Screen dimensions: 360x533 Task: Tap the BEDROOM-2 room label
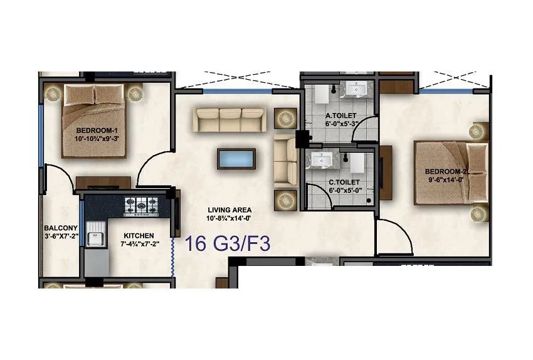(447, 172)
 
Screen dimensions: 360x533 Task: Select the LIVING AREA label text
(230, 210)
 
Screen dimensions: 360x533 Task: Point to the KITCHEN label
(139, 236)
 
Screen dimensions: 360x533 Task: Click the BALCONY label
(61, 228)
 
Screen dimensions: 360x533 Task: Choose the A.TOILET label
(341, 116)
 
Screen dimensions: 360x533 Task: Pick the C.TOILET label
(344, 182)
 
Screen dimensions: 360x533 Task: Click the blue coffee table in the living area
(236, 158)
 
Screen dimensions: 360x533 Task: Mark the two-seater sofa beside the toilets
(286, 159)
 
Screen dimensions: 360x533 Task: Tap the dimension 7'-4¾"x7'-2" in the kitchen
(139, 245)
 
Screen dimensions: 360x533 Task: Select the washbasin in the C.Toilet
(319, 161)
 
